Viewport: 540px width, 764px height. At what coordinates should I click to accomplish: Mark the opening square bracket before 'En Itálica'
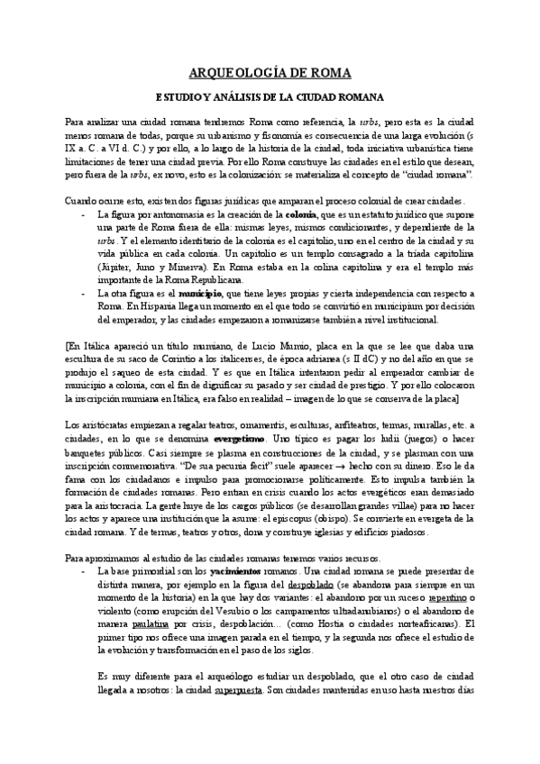point(69,345)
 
